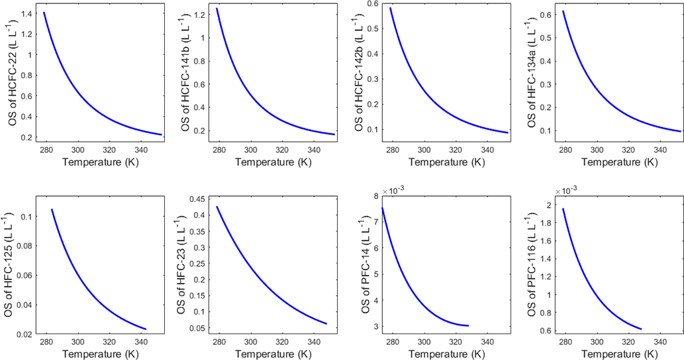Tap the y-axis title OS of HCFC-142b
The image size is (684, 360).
point(358,71)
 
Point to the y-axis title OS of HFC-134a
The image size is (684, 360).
point(531,71)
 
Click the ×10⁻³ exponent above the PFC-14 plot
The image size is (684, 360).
point(395,190)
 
